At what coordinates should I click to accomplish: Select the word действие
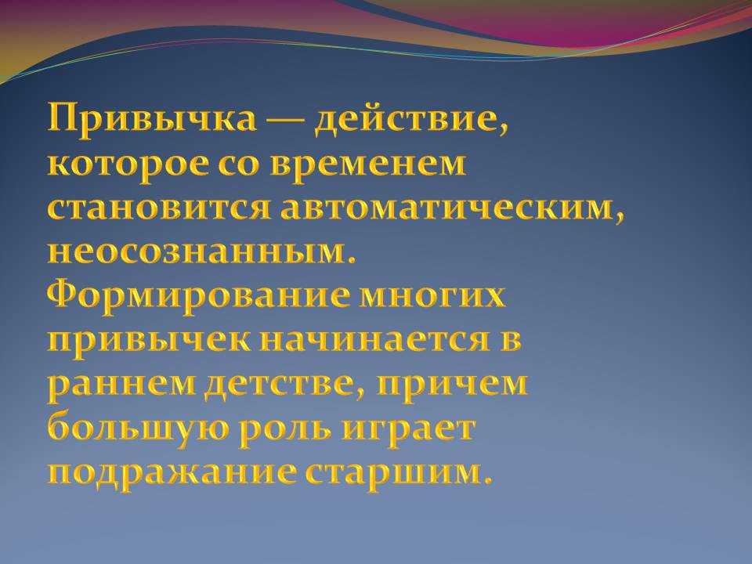click(x=411, y=119)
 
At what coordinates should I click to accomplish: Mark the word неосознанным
click(x=202, y=254)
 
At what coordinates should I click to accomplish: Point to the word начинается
click(x=375, y=341)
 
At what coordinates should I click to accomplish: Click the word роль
click(x=285, y=430)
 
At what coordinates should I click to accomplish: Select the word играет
click(x=409, y=430)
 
